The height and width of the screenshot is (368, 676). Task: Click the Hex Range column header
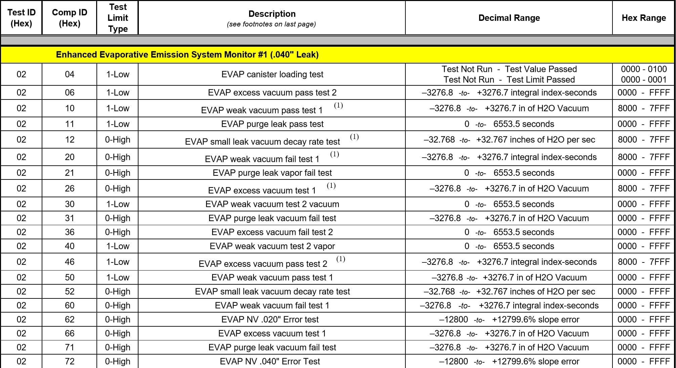tap(643, 18)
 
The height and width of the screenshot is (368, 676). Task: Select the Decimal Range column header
tap(509, 18)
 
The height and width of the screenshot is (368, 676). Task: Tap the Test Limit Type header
tap(118, 18)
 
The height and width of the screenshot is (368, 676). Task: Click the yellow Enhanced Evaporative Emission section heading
tap(187, 55)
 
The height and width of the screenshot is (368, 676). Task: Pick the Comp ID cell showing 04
tap(70, 74)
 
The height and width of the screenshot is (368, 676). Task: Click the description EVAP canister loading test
tap(272, 74)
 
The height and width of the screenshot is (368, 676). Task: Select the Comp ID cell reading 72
tap(70, 361)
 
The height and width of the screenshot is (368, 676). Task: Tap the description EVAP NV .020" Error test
tap(270, 319)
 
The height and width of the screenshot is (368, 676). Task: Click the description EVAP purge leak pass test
tap(272, 124)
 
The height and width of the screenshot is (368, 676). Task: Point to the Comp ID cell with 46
tap(70, 262)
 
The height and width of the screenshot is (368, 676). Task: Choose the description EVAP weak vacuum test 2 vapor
tap(272, 246)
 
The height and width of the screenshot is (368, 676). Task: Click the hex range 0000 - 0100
tap(644, 69)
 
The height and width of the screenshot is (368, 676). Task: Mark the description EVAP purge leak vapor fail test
tap(272, 173)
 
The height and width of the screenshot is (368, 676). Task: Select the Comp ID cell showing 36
tap(70, 232)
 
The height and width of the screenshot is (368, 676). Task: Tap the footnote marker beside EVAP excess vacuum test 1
tap(331, 186)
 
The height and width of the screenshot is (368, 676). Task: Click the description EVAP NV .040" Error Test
tap(270, 361)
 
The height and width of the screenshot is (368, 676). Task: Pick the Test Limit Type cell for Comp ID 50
tap(118, 277)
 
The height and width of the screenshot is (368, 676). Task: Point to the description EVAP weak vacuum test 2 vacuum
tap(272, 204)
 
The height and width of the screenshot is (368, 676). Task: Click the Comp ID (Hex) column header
tap(70, 18)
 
